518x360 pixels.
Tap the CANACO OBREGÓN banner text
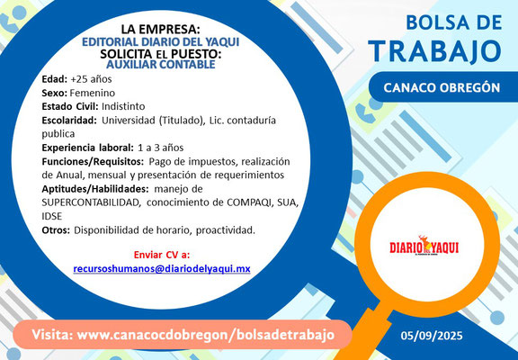442,88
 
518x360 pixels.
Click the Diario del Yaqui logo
424,247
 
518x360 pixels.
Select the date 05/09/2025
432,336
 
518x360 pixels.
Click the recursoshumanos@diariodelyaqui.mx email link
162,269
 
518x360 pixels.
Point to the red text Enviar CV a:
162,255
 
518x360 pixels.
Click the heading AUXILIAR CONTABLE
161,65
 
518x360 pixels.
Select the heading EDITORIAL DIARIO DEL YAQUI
161,42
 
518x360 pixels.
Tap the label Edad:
55,79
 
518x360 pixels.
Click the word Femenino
93,94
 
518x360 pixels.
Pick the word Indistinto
123,107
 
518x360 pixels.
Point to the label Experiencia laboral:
88,148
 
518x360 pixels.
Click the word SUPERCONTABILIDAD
91,202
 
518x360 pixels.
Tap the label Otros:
56,230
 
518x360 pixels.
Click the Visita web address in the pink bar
183,335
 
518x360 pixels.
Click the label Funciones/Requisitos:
93,162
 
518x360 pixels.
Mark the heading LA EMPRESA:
161,30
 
